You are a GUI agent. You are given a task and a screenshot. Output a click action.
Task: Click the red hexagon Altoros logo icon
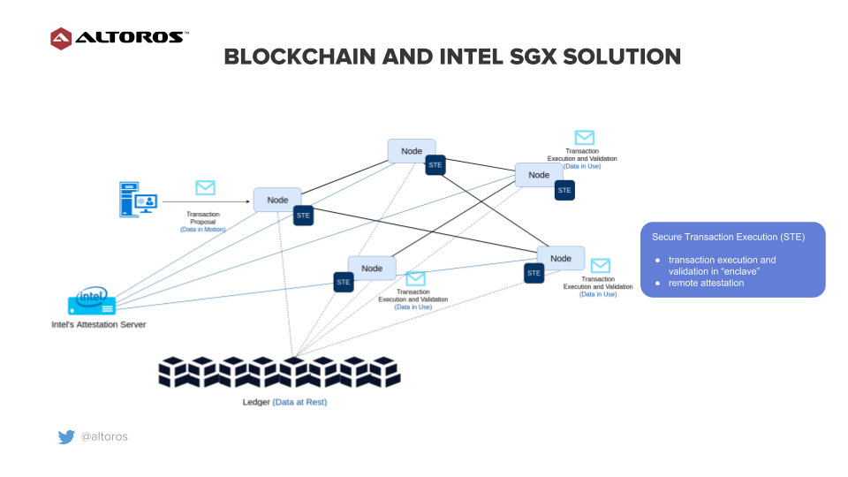61,38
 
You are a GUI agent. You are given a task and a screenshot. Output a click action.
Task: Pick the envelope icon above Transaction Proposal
205,187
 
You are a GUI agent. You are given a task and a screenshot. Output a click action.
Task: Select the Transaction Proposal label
203,218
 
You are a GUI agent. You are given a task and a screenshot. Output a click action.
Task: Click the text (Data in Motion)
203,230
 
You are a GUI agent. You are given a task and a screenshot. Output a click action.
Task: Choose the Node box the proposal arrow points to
277,200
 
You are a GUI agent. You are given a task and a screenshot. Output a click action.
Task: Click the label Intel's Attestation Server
98,324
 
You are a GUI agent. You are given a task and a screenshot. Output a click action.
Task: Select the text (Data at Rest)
299,402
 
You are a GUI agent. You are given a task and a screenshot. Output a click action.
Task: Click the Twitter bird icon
66,437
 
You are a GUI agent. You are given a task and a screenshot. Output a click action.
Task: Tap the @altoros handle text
104,437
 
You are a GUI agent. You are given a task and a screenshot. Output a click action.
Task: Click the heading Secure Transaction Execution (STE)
728,238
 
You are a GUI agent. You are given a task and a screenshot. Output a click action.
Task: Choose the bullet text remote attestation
706,283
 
